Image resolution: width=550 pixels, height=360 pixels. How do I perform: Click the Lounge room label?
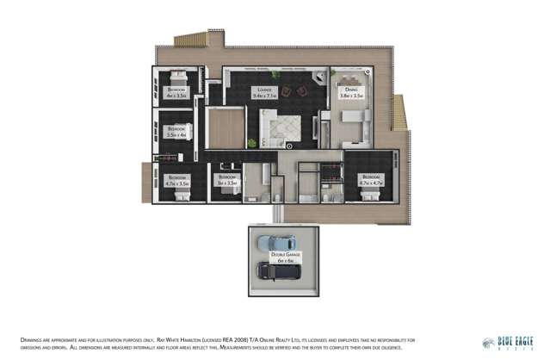click(x=263, y=92)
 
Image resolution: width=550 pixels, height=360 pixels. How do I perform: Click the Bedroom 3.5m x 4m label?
click(x=176, y=133)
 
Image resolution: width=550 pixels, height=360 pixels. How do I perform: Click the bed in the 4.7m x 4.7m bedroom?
click(x=371, y=196)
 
